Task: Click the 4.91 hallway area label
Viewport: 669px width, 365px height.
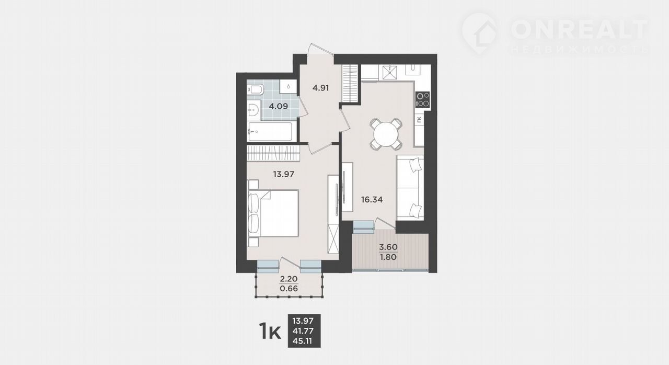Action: pos(320,88)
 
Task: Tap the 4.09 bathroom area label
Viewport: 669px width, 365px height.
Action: pos(279,106)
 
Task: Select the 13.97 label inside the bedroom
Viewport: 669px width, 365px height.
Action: pos(284,174)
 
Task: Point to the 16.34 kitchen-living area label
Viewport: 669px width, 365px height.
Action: pos(372,200)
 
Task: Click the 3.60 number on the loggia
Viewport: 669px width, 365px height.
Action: pos(388,247)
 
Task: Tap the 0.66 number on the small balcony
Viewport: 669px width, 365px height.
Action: pos(289,289)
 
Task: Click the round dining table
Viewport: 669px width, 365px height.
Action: pos(386,134)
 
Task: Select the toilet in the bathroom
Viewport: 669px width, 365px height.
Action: pos(256,89)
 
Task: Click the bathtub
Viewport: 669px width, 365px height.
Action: pos(270,131)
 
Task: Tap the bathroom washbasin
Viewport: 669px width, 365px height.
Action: pos(254,110)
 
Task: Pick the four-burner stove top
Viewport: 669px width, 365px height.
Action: pos(423,99)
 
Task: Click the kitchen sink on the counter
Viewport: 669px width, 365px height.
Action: pos(389,72)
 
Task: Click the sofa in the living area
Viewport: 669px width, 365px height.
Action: pos(410,188)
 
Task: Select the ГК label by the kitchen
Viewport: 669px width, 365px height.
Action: pos(420,120)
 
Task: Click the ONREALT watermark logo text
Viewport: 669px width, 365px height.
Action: pos(580,30)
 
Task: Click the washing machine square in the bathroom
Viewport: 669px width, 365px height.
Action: pos(288,86)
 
